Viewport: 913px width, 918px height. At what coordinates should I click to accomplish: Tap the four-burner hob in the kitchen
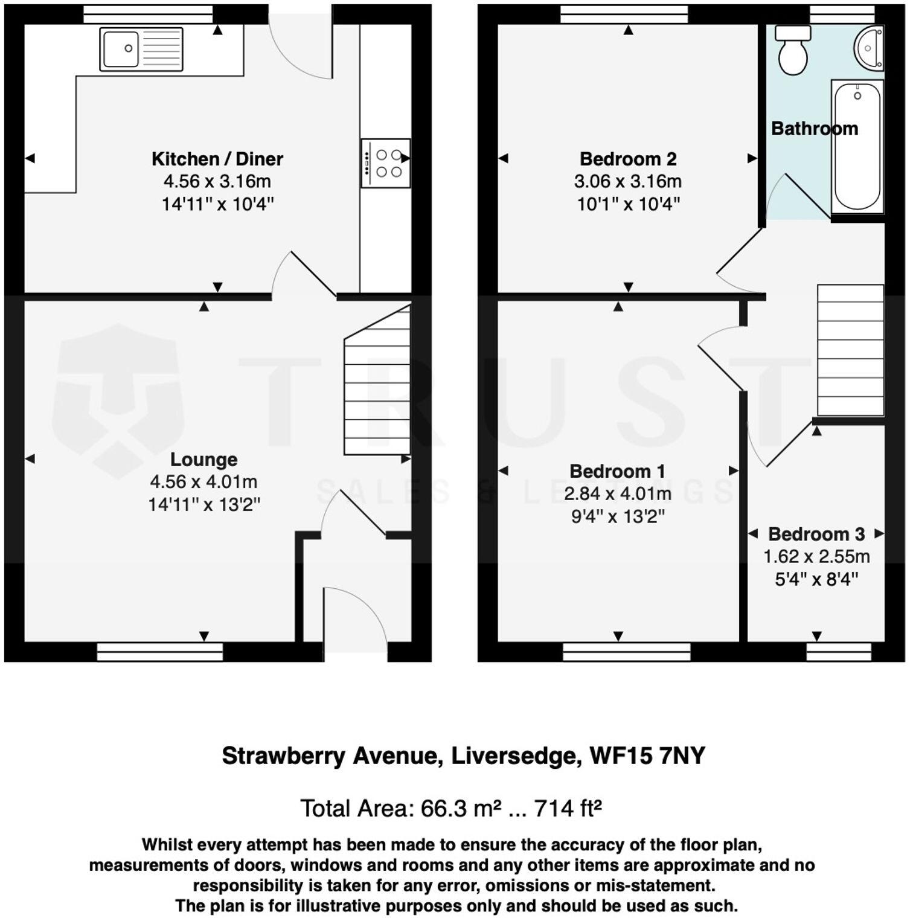[386, 163]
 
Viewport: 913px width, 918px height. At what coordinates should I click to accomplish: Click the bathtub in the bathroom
[857, 147]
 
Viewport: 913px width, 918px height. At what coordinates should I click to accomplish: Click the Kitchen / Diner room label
[217, 159]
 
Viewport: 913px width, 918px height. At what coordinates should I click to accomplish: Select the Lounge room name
[203, 460]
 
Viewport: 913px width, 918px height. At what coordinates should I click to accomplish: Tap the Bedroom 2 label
[628, 159]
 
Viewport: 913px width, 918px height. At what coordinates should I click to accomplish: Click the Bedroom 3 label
[816, 534]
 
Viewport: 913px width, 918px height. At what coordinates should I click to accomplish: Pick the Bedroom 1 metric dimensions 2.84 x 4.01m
[618, 494]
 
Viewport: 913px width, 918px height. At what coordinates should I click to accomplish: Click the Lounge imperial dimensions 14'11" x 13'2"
[204, 504]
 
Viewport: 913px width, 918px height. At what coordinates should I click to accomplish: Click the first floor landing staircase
[850, 350]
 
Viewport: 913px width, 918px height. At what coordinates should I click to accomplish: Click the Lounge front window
[160, 652]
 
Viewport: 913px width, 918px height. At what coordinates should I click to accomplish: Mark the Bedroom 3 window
[839, 652]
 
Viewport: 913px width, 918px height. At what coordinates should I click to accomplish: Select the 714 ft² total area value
[568, 808]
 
